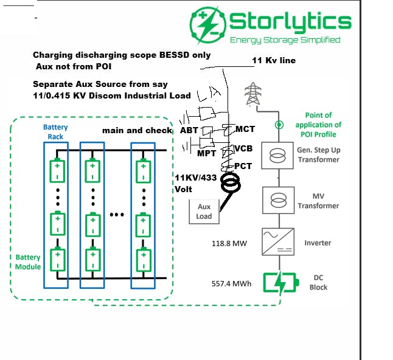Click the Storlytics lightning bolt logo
click(208, 25)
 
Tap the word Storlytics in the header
click(290, 22)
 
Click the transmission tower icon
click(252, 95)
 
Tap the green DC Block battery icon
click(281, 282)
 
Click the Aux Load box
click(204, 211)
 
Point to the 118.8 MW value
click(229, 243)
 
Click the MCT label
click(245, 129)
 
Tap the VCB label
click(244, 148)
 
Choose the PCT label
click(243, 165)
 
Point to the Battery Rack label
click(55, 132)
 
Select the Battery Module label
click(28, 262)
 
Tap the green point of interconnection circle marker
click(279, 125)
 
